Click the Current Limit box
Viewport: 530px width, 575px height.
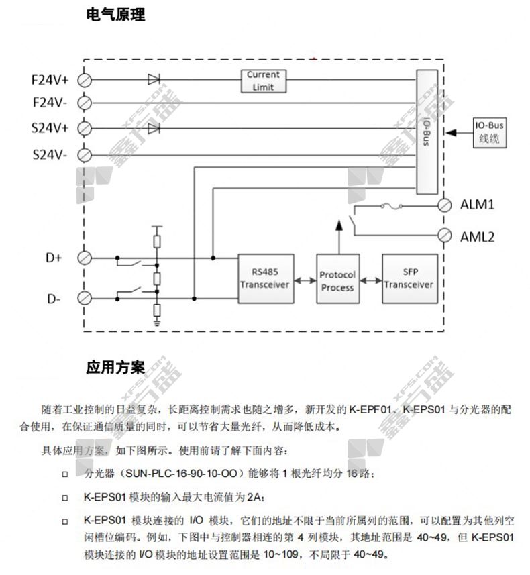coord(264,81)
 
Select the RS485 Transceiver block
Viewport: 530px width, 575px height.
coord(264,278)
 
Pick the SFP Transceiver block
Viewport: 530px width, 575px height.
coord(409,278)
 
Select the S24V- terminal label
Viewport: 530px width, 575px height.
coord(50,155)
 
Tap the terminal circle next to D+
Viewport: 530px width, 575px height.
coord(85,258)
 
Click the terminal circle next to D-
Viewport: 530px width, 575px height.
coord(85,297)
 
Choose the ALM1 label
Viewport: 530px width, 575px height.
coord(477,204)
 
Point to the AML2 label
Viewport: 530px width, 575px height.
coord(477,236)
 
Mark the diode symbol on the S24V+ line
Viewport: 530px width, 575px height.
coord(154,127)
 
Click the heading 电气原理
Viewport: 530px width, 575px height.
coord(115,15)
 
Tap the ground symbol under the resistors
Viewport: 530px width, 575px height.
coord(156,323)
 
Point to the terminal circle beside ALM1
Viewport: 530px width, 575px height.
coord(443,204)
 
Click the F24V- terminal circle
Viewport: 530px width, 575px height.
coord(85,103)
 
